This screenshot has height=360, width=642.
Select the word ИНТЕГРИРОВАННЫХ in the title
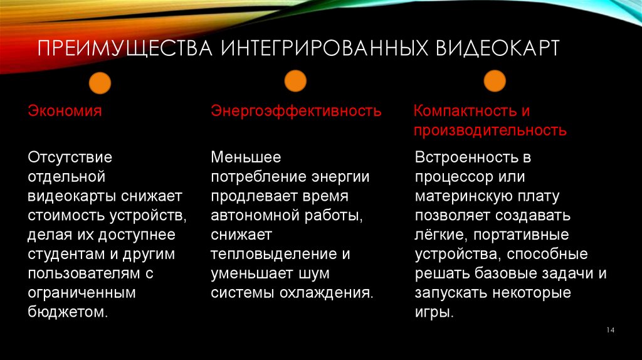click(x=322, y=49)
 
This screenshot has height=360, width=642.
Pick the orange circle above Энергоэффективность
click(x=295, y=81)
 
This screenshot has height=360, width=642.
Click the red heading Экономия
click(x=65, y=112)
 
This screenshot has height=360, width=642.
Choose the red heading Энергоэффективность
click(x=296, y=112)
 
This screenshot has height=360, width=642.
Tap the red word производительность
click(x=491, y=131)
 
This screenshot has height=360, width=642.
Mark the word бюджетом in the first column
click(x=66, y=312)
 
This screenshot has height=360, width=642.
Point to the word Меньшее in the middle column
click(x=246, y=157)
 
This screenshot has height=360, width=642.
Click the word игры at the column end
click(x=433, y=312)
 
